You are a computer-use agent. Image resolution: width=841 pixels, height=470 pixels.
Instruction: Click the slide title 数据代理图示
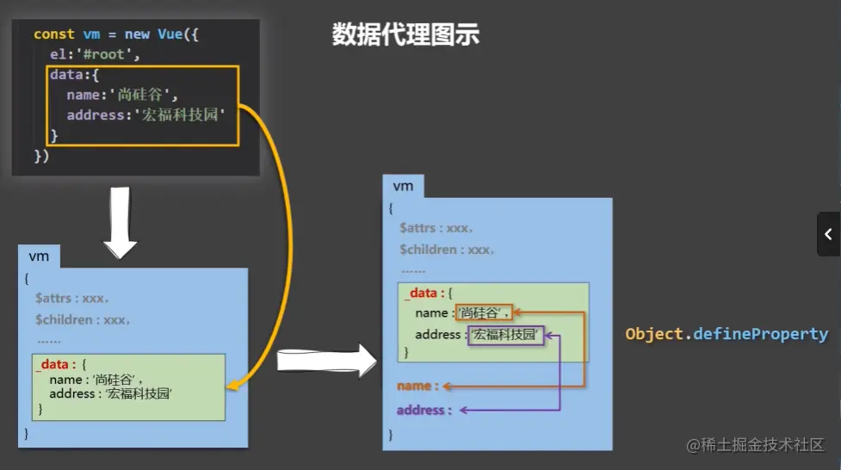405,35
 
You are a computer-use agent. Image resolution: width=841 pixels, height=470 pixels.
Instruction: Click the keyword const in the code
53,34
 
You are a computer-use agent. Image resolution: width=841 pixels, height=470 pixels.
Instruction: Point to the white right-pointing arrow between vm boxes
326,360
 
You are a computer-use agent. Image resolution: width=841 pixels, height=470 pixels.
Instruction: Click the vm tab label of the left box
39,257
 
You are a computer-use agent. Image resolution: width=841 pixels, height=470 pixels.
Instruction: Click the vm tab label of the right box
403,186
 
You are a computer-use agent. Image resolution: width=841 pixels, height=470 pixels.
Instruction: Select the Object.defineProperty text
727,334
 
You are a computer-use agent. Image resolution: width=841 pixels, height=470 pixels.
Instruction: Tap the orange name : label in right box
417,386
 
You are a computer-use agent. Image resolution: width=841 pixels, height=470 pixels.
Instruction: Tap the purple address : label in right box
424,410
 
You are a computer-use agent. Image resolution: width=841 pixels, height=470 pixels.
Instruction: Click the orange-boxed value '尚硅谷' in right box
483,312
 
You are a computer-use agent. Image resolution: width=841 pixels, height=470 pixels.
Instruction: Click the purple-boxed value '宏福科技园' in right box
506,335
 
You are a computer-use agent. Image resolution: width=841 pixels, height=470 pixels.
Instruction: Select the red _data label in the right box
421,294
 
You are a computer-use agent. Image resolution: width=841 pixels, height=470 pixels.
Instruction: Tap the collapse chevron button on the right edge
828,234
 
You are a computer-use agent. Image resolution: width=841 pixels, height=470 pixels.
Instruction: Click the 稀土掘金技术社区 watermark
755,445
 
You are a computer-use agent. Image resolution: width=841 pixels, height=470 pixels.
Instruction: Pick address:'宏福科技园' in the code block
143,115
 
